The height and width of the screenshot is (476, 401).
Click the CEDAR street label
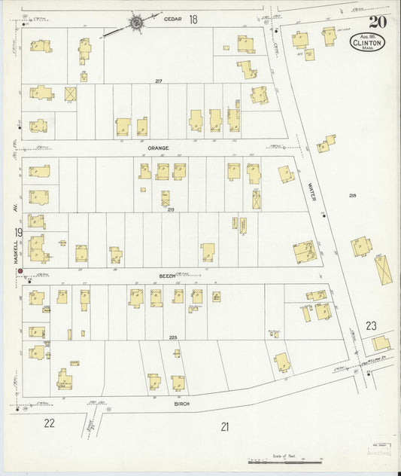[x=173, y=20]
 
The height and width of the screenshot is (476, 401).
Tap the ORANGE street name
[x=158, y=148]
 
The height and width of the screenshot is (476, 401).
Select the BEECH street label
[x=166, y=276]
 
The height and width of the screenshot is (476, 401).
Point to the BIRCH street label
[x=182, y=404]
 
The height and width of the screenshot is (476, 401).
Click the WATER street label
[x=311, y=191]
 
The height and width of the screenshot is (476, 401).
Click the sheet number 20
[x=378, y=22]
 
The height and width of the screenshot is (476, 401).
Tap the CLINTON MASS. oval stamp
[x=368, y=42]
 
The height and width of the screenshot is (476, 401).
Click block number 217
[x=159, y=81]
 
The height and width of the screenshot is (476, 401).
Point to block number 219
[x=171, y=209]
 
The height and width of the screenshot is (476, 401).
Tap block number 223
[x=173, y=337]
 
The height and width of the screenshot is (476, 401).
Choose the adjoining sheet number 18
[x=193, y=19]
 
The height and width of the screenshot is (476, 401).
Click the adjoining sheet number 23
[x=371, y=325]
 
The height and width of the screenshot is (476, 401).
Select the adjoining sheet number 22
[x=49, y=423]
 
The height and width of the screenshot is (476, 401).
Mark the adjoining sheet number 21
[x=224, y=426]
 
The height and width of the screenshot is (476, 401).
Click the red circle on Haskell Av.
[x=20, y=271]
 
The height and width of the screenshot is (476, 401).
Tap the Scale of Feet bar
[x=285, y=461]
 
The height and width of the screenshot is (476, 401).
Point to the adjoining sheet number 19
[x=18, y=232]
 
